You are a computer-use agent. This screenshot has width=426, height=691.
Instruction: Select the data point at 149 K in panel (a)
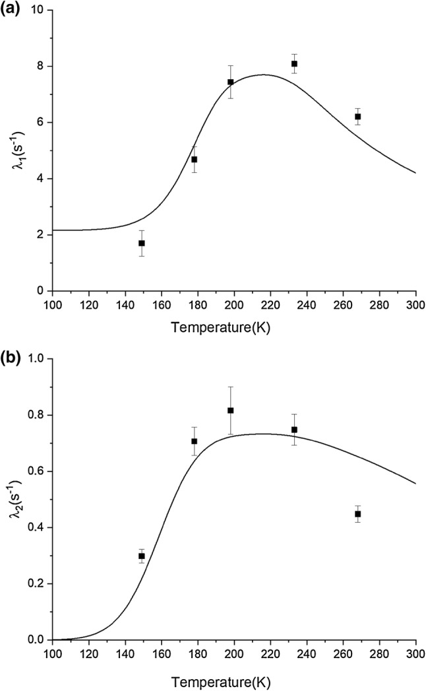142,243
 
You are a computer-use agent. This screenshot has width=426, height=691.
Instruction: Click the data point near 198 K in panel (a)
231,82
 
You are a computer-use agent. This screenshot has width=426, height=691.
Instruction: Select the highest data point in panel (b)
231,411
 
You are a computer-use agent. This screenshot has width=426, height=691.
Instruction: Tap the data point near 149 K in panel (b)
142,556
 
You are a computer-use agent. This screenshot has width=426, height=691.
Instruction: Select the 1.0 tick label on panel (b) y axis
37,359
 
